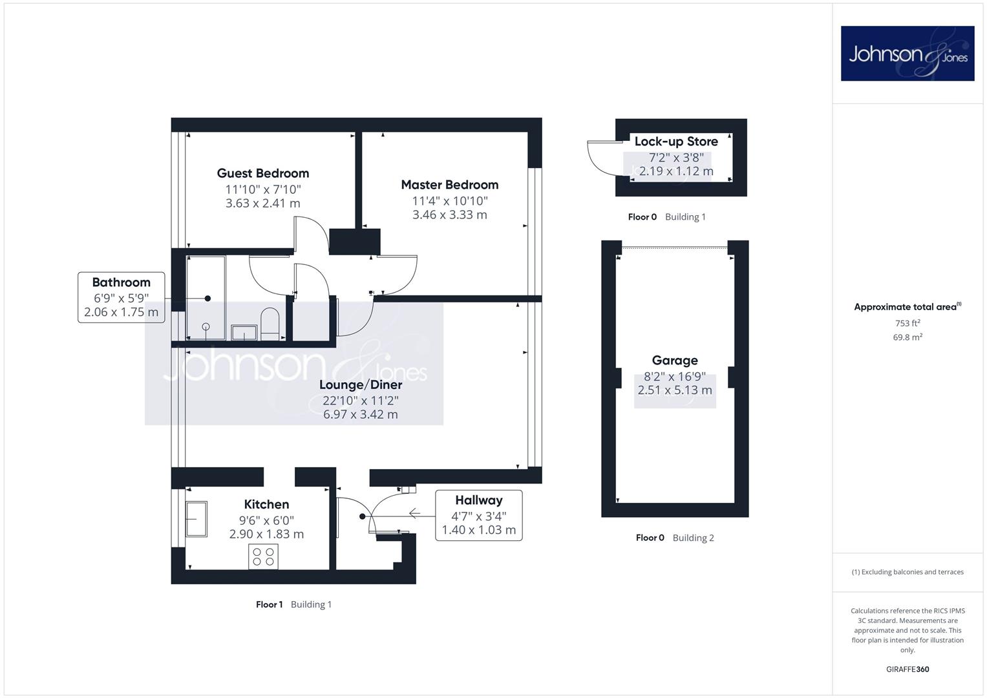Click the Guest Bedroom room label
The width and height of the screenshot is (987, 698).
tap(262, 173)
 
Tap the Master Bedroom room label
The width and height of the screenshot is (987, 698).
tap(449, 185)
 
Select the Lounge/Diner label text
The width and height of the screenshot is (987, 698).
tap(361, 385)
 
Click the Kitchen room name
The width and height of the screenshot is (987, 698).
tap(266, 504)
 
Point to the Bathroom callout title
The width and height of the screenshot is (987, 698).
tap(121, 282)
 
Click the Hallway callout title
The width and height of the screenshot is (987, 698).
tap(478, 500)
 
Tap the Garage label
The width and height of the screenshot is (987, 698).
tap(675, 361)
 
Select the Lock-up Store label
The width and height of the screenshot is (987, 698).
tap(676, 142)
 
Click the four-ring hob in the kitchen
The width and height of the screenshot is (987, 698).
tap(263, 556)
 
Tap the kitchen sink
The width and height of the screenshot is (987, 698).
tap(196, 518)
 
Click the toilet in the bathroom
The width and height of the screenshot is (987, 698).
tap(270, 323)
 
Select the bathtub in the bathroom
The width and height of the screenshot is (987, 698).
tap(206, 298)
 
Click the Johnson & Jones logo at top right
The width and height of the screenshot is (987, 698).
tap(907, 53)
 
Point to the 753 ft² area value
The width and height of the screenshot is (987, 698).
tap(907, 323)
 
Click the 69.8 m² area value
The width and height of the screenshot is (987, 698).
tap(907, 337)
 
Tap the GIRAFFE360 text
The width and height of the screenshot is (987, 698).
tap(907, 669)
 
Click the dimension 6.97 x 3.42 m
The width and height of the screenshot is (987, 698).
tap(361, 414)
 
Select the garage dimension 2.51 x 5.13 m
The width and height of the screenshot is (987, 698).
tap(675, 390)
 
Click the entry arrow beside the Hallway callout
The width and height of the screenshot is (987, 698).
tap(414, 513)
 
